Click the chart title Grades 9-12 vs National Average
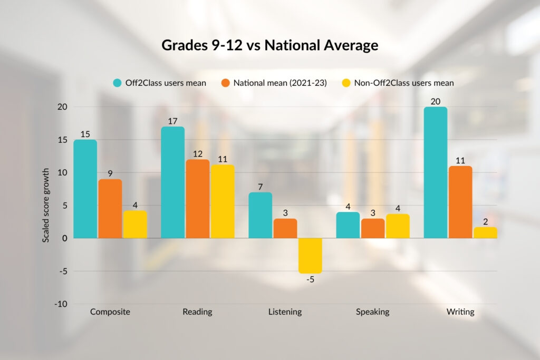(269, 45)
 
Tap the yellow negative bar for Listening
(311, 256)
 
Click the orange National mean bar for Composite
(110, 209)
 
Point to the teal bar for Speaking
(348, 225)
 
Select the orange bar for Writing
(460, 202)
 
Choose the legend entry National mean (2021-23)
(274, 83)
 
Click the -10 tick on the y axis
(61, 304)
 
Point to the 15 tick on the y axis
(63, 140)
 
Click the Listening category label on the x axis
(285, 312)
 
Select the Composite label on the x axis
(110, 312)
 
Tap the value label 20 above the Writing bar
(436, 101)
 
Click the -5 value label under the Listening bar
(311, 279)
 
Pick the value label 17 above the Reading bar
(173, 121)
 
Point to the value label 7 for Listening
(261, 187)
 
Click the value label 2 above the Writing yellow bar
(485, 221)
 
